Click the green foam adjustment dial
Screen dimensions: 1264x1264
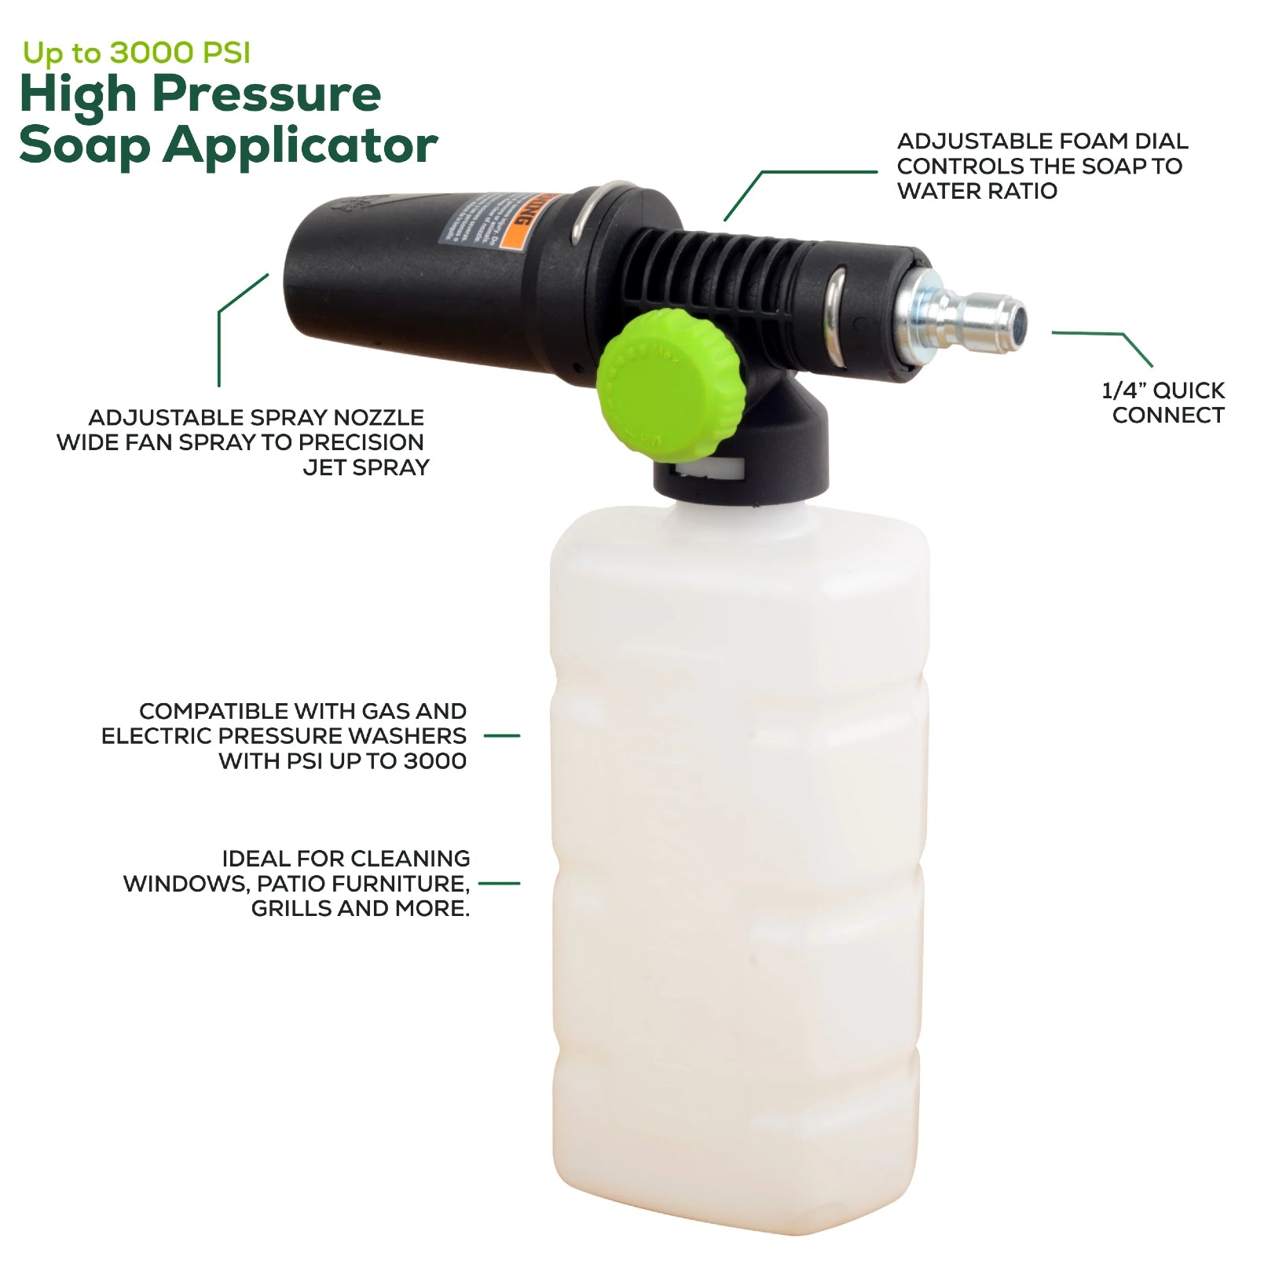[669, 384]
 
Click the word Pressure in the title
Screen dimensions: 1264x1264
[266, 95]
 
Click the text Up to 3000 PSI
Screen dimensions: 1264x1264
[136, 53]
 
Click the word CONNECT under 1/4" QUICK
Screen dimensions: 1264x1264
[1167, 416]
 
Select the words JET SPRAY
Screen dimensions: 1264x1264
[366, 467]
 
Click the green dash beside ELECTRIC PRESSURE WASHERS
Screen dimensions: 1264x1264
[501, 736]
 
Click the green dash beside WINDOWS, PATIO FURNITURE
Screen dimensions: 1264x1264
[499, 883]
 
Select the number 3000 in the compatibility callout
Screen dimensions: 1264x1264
[434, 761]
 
